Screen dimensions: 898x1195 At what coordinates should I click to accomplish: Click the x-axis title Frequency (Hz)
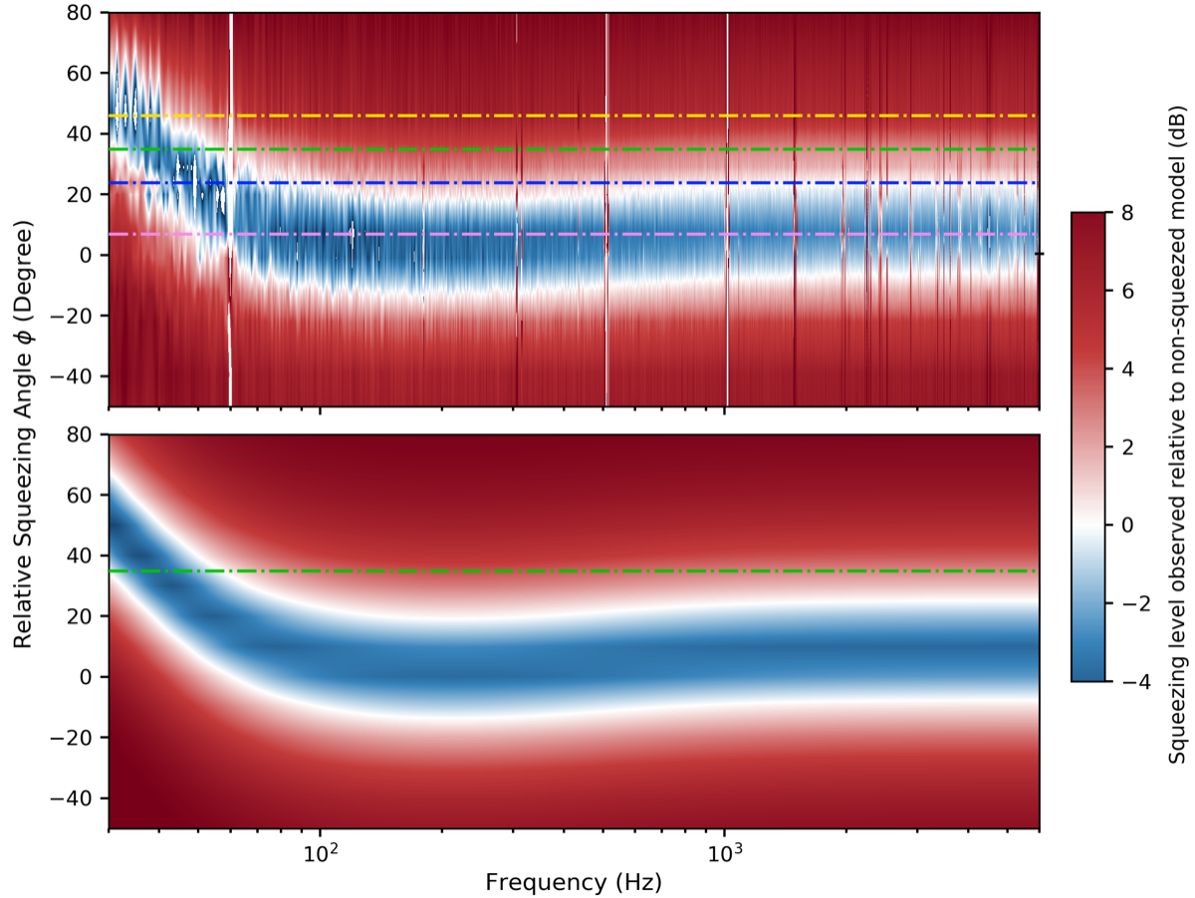coord(573,882)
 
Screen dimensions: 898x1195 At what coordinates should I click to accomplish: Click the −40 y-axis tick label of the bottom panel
coord(81,798)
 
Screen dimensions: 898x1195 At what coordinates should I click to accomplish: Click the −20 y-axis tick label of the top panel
coord(81,316)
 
